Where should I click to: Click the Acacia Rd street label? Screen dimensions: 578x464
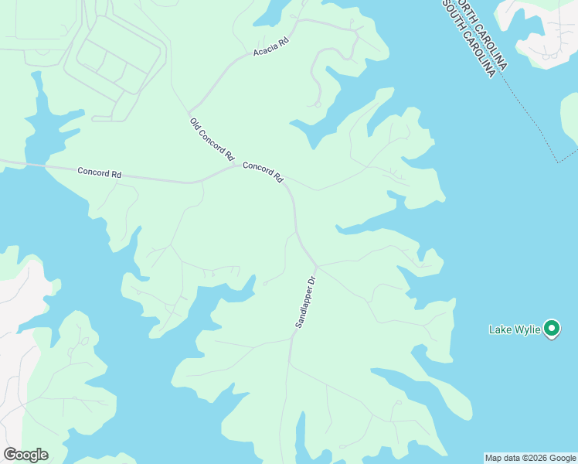point(270,47)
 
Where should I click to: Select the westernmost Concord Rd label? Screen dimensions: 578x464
point(100,173)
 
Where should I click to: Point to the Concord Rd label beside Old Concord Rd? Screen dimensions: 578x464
point(263,172)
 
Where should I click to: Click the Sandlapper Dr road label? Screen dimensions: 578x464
point(306,302)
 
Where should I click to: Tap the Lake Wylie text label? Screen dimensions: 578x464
point(515,330)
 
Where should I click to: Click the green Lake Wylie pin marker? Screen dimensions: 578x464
point(552,329)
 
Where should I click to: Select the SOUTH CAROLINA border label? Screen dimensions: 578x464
point(469,39)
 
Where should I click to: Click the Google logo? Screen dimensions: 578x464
point(25,455)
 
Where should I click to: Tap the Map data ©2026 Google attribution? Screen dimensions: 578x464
point(530,458)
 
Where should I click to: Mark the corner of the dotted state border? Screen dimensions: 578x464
point(556,162)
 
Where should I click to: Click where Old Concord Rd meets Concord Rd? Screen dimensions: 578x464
point(234,165)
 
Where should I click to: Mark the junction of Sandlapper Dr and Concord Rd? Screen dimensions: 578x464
point(316,265)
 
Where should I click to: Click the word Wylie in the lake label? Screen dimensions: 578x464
point(528,330)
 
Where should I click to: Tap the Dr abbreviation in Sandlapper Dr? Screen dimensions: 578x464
point(312,281)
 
